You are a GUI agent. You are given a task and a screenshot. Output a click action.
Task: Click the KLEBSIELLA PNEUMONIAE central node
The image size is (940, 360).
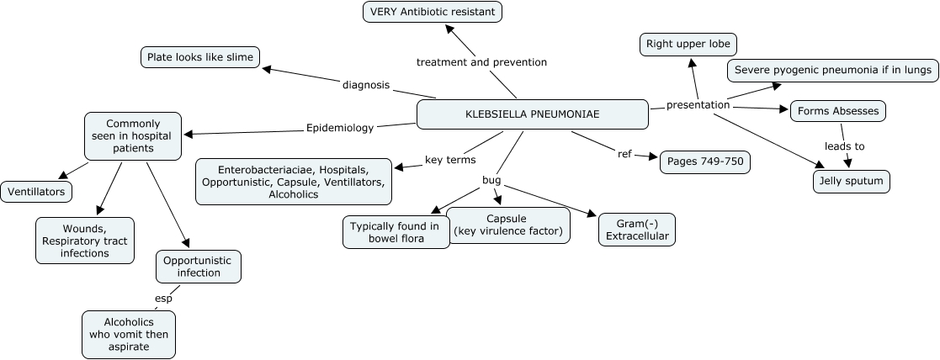tap(533, 114)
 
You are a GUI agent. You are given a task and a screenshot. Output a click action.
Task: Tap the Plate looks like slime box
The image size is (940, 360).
tap(200, 57)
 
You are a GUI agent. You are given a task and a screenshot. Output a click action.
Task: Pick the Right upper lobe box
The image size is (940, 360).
tap(688, 44)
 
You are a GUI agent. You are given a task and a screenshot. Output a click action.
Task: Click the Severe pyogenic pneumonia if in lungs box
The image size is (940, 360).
tap(832, 71)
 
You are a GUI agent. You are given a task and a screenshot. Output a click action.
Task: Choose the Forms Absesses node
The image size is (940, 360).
tap(837, 111)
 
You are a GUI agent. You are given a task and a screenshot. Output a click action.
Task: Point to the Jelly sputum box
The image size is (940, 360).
tap(851, 181)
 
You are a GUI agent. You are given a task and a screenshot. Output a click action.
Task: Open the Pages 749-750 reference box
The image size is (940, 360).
tap(704, 162)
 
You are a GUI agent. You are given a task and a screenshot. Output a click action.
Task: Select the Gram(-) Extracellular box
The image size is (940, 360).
tap(637, 230)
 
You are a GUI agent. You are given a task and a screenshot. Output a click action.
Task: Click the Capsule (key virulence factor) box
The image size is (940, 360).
tap(508, 225)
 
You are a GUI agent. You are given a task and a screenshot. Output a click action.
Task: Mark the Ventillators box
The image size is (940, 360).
tap(36, 192)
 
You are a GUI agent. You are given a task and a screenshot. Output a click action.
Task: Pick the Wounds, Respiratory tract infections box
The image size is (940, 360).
tap(84, 241)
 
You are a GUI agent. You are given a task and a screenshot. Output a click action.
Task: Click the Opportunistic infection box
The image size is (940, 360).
tap(199, 267)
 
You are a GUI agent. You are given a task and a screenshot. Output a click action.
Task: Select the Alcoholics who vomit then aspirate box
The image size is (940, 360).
tap(129, 335)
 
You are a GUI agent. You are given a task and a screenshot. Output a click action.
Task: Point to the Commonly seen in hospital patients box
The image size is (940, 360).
tap(133, 136)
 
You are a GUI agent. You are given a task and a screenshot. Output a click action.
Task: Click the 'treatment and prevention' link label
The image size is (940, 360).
tap(481, 62)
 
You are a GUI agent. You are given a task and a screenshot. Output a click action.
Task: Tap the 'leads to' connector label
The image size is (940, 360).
tap(844, 146)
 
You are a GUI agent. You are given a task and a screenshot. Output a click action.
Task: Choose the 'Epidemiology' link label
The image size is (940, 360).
tap(340, 129)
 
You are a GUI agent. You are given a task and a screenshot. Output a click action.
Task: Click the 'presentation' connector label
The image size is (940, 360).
tap(698, 106)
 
